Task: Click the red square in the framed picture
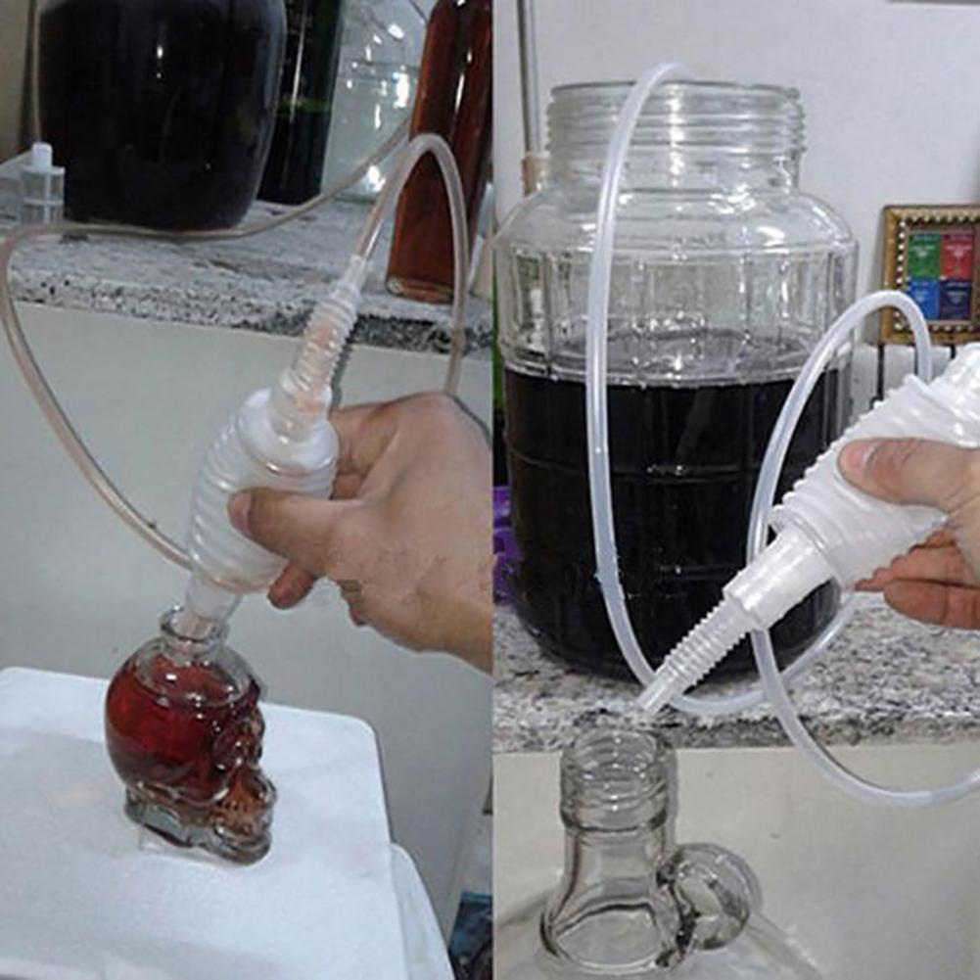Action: tap(956, 255)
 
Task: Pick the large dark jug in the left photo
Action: tap(157, 108)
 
